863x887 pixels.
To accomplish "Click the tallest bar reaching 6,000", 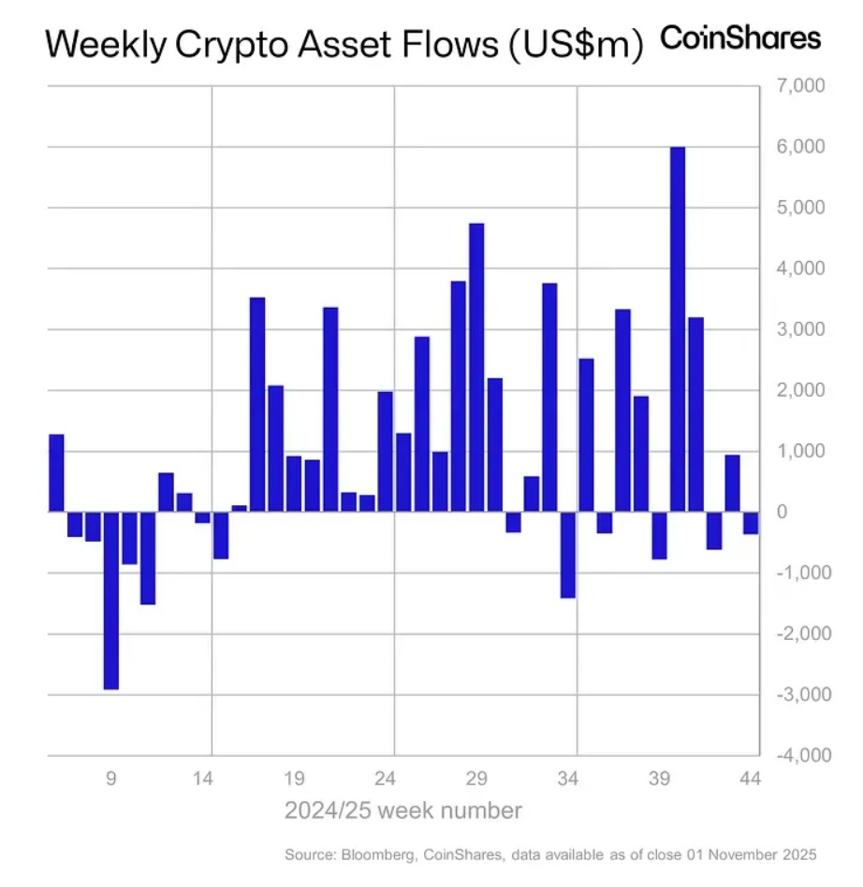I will [x=678, y=329].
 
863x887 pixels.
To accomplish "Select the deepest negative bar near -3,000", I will [x=111, y=600].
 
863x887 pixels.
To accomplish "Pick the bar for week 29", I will [x=476, y=367].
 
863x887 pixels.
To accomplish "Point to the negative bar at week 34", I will [x=568, y=554].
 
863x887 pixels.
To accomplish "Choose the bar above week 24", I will [x=386, y=451].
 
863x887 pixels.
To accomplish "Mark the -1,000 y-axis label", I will [x=797, y=573].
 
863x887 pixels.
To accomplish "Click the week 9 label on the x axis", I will [x=111, y=778].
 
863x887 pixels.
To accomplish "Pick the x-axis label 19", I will [x=294, y=778].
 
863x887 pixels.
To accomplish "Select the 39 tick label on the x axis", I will [x=660, y=778].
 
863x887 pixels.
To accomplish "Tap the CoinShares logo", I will [x=740, y=38].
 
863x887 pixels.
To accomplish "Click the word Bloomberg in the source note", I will [x=373, y=854].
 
